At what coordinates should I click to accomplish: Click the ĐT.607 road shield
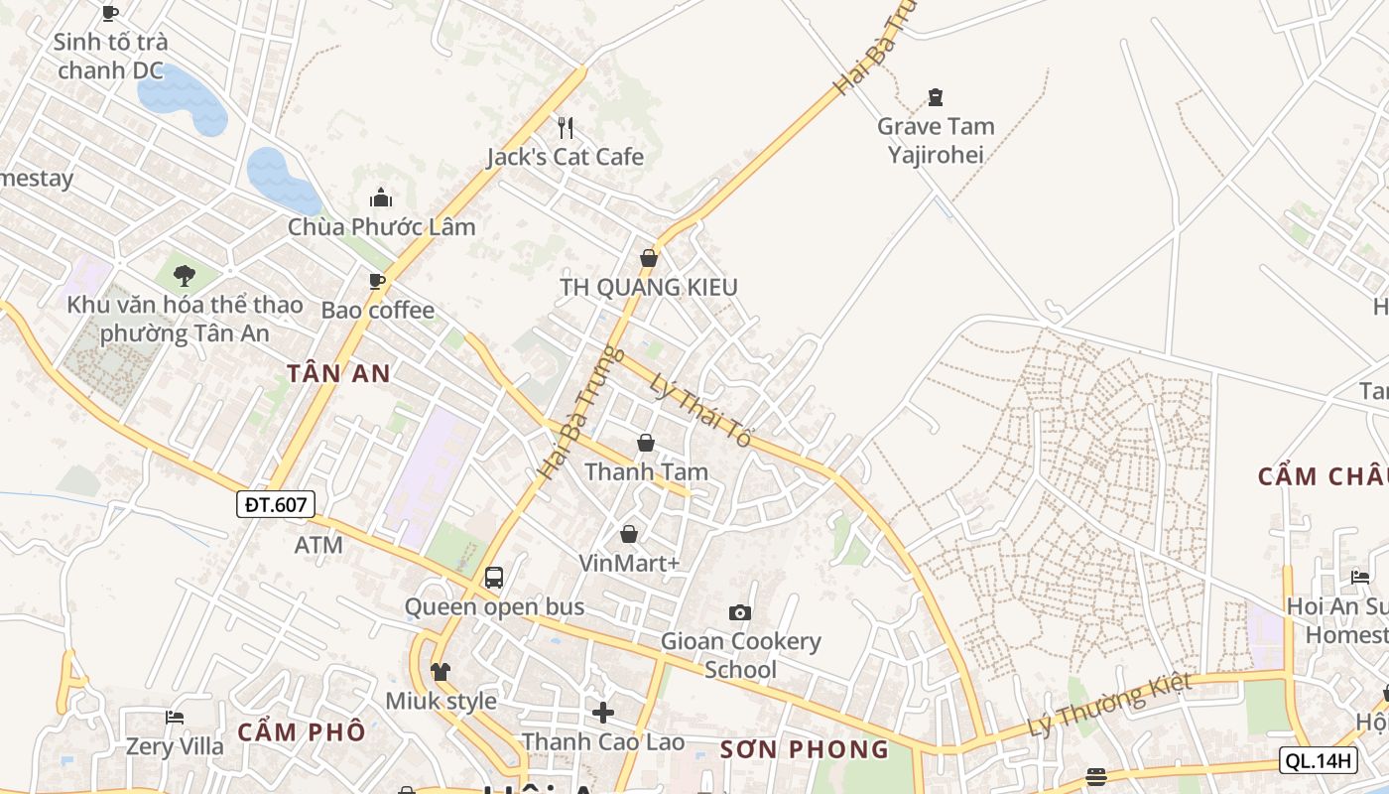[x=276, y=504]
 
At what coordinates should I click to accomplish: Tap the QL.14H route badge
[x=1318, y=760]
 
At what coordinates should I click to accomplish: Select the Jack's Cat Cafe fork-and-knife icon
[x=566, y=127]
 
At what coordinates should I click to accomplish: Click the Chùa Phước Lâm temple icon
[x=381, y=198]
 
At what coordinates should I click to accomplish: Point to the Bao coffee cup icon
[x=377, y=282]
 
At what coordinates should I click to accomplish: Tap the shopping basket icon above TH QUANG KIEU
[x=649, y=258]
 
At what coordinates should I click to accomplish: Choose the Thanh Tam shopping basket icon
[x=646, y=443]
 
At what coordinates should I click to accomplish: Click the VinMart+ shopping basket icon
[x=629, y=535]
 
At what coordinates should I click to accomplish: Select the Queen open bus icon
[x=494, y=578]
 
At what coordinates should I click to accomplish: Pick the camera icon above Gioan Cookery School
[x=740, y=612]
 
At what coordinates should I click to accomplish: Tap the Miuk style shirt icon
[x=441, y=672]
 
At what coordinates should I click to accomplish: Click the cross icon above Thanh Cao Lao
[x=603, y=713]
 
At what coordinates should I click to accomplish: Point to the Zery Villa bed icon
[x=175, y=717]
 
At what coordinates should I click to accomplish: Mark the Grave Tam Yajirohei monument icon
[x=935, y=97]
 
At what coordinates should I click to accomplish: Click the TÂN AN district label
[x=338, y=374]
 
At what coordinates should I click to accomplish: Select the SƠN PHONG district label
[x=804, y=749]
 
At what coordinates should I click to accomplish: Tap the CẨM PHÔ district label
[x=302, y=732]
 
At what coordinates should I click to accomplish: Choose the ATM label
[x=318, y=545]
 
